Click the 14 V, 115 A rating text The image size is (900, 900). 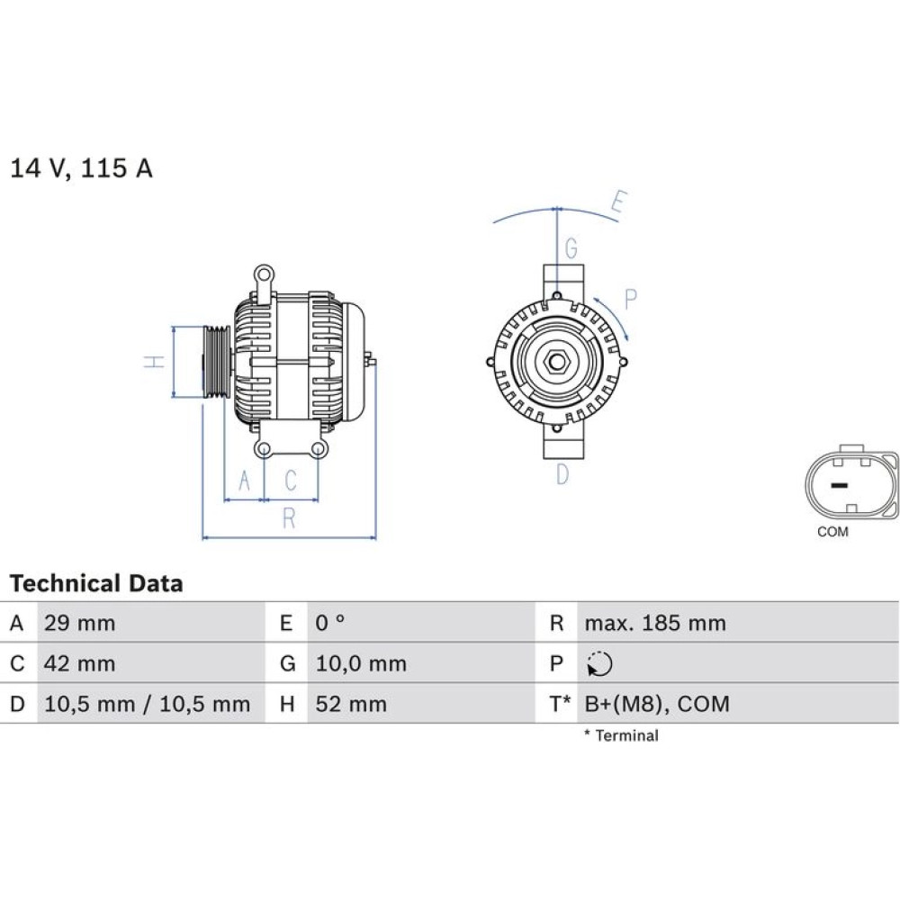tap(82, 168)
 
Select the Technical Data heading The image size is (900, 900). tap(96, 583)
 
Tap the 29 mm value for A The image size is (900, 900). tap(80, 623)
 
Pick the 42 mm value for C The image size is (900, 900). tap(80, 663)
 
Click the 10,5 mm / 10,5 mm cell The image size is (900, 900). tap(147, 705)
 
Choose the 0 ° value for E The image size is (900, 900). tap(330, 623)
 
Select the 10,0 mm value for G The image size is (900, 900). tap(361, 663)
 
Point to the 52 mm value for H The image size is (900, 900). tap(351, 705)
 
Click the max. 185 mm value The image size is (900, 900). tap(655, 623)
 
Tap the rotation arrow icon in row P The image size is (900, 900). tap(599, 664)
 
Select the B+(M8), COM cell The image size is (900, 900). tap(657, 705)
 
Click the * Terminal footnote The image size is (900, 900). tap(622, 735)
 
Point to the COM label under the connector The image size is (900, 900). tap(832, 532)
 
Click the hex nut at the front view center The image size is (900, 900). tap(555, 362)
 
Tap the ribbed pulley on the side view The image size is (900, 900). tap(217, 362)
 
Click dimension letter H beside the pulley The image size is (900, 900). tap(155, 362)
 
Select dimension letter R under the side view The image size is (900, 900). tap(289, 519)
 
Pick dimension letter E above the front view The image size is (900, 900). tap(619, 202)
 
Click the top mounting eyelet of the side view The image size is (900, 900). tap(264, 274)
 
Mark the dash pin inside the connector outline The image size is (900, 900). tap(839, 486)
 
